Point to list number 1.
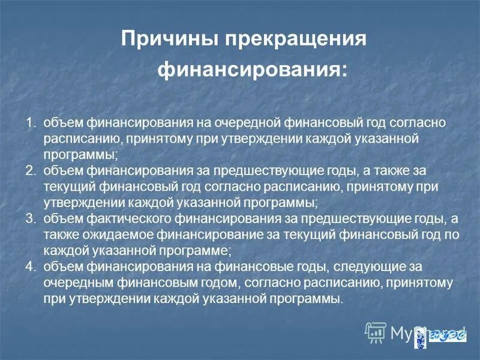click(31, 124)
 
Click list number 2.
click(31, 170)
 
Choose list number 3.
click(31, 217)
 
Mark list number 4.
click(31, 264)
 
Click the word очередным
click(74, 280)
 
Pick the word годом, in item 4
click(193, 280)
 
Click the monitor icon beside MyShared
click(375, 329)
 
